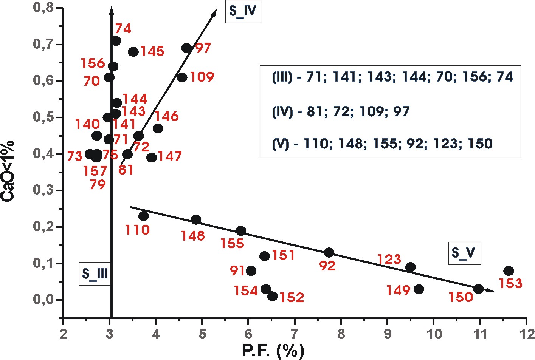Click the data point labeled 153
[x=509, y=271]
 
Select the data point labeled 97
[x=186, y=48]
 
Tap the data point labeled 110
[x=143, y=216]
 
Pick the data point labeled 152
[x=272, y=296]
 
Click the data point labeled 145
[x=133, y=52]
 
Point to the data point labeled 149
[x=419, y=289]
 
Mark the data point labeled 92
[x=329, y=252]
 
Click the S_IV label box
[x=243, y=11]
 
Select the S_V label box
[x=463, y=253]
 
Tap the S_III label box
[x=95, y=273]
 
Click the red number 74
[x=123, y=29]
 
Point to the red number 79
[x=98, y=185]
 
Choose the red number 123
[x=389, y=260]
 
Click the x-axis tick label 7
[x=295, y=334]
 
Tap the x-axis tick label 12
[x=526, y=334]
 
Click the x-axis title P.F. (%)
[x=273, y=351]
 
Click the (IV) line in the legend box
[x=341, y=112]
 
